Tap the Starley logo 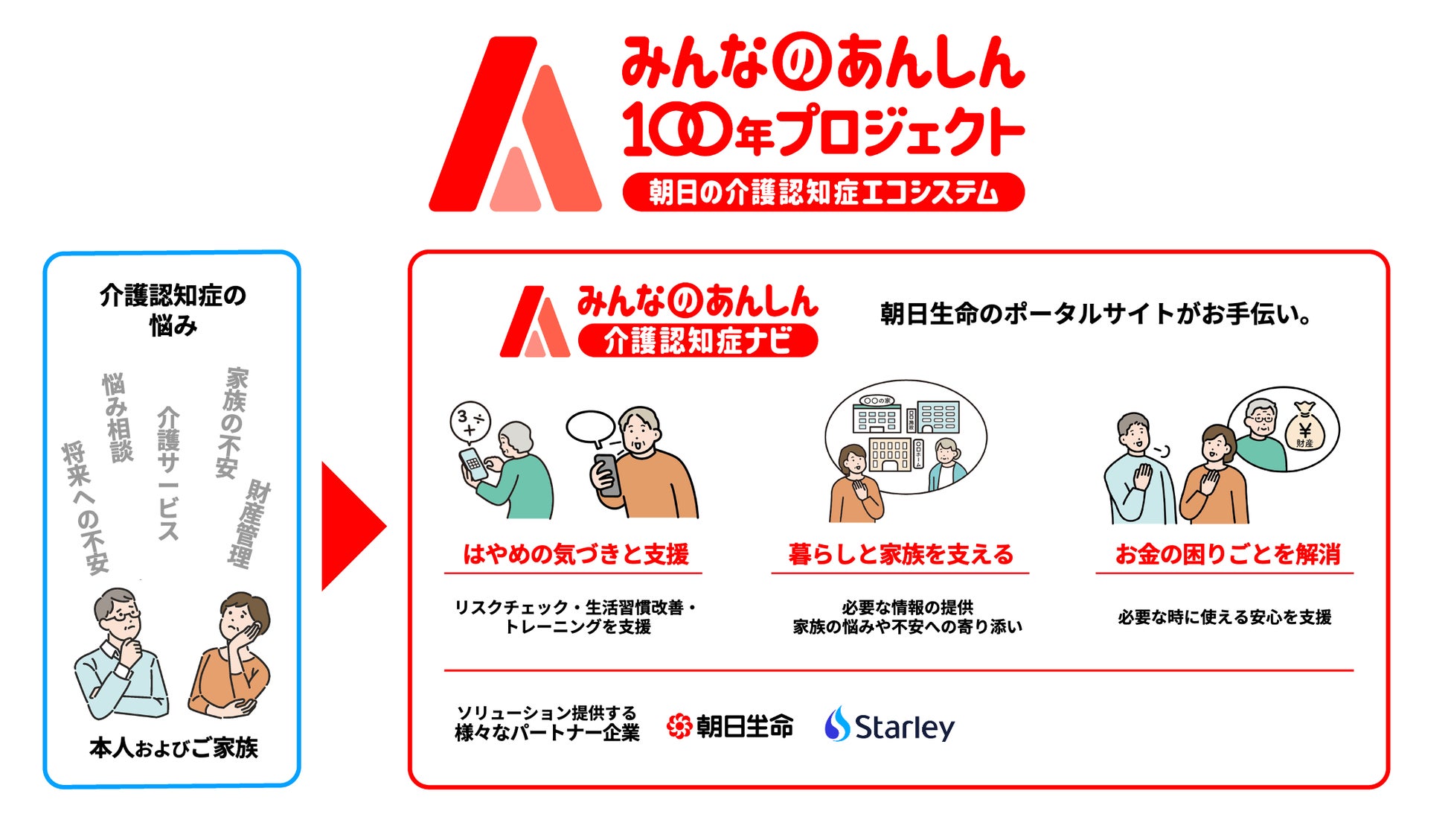(889, 725)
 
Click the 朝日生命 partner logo (730, 725)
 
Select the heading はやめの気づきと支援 (576, 554)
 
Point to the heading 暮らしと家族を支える (901, 554)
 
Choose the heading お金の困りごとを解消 (1227, 554)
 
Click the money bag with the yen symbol (1304, 428)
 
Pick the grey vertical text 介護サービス (169, 473)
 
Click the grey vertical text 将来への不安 (86, 508)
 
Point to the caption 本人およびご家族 (173, 747)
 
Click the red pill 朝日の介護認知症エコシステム (824, 192)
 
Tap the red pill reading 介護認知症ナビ (698, 341)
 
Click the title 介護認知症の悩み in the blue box (173, 310)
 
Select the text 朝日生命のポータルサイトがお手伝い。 (1095, 314)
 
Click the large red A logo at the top (515, 124)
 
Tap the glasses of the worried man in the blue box (121, 616)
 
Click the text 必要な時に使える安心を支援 (1225, 617)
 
